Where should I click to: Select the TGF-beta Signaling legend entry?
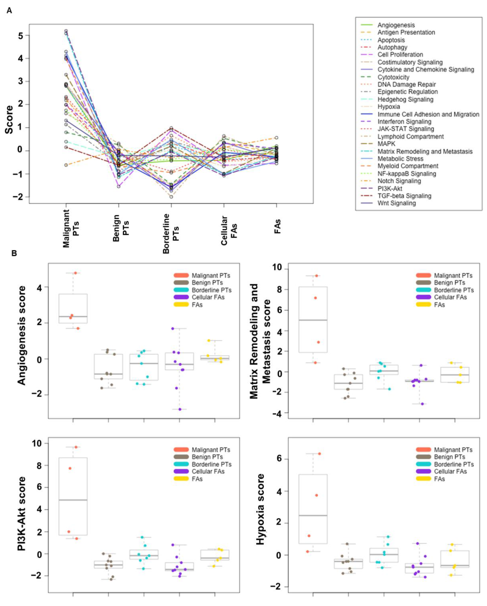[404, 196]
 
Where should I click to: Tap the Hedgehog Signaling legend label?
[405, 99]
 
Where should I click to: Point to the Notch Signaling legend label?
[399, 181]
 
